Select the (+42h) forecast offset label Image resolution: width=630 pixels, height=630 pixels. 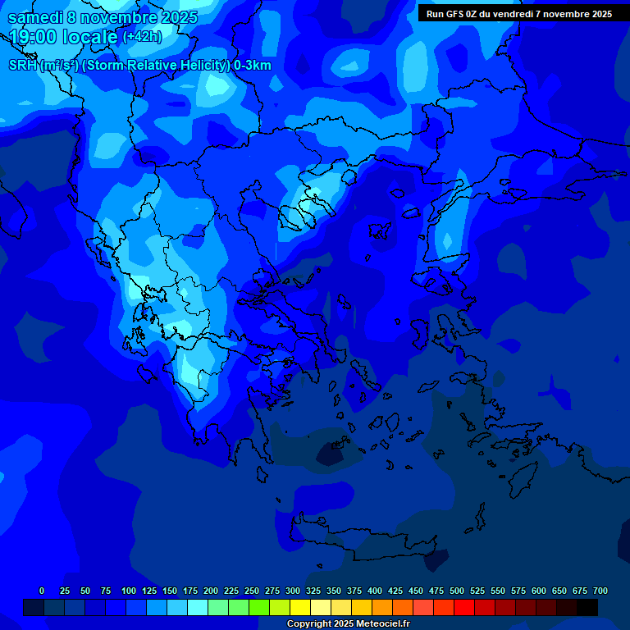[142, 37]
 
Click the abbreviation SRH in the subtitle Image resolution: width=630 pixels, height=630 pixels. [23, 66]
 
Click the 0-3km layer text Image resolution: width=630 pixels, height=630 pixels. [253, 66]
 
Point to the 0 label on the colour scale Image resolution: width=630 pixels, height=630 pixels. [42, 591]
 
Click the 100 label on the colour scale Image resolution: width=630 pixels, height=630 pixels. [129, 591]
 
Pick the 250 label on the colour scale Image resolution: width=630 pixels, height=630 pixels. [252, 591]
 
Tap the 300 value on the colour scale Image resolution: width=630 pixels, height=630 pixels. [293, 591]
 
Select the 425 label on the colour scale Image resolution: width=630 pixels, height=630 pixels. [395, 591]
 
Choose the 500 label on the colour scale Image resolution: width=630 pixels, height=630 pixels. [457, 591]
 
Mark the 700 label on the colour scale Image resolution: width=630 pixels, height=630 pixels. [600, 591]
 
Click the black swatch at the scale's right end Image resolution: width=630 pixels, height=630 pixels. [587, 607]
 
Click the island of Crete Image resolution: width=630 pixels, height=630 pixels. [386, 541]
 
